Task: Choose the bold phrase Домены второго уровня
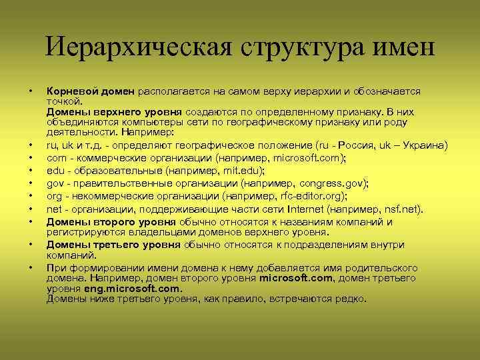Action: click(111, 221)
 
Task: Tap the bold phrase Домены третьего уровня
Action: click(113, 245)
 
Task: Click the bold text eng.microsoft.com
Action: click(132, 289)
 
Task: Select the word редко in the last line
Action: click(350, 299)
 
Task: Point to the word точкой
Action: click(64, 101)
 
